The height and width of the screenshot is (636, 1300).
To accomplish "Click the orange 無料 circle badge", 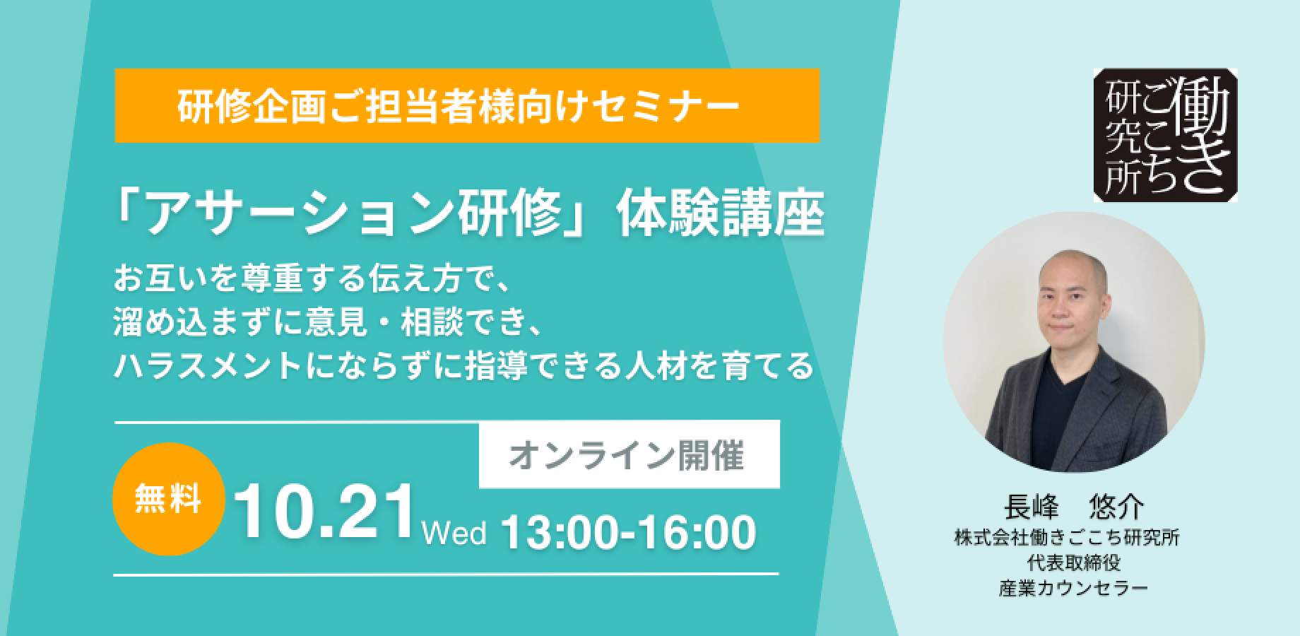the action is pos(169,499).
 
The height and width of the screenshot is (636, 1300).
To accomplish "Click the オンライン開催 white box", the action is pos(629,454).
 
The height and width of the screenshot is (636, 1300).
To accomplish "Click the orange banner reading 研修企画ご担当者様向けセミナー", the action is pos(467,105).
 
